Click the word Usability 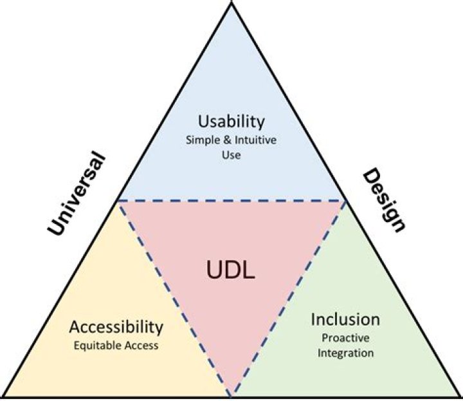[231, 121]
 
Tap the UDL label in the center [231, 270]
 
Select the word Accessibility [116, 326]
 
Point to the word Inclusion [345, 319]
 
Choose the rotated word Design [385, 200]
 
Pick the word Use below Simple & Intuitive [231, 155]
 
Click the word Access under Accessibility [143, 345]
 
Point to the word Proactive [345, 337]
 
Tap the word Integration [345, 353]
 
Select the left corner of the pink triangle [118, 200]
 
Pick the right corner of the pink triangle [346, 200]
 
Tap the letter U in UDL [214, 270]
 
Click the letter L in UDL [249, 270]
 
